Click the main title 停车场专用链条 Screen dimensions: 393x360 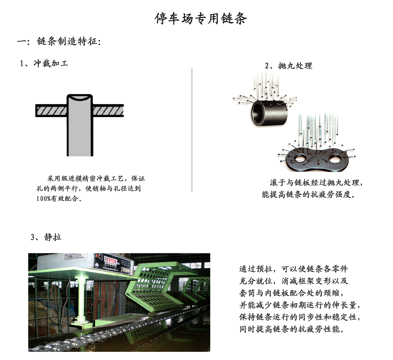pos(201,19)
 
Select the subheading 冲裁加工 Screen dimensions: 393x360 pos(51,63)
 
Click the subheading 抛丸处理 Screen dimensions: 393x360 pos(295,66)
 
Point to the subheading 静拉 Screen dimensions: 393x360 pos(53,237)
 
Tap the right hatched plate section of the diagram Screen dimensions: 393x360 pos(108,111)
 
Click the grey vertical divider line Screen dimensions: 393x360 pos(192,130)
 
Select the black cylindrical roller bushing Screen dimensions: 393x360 pos(269,113)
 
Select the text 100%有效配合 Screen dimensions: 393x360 pos(59,198)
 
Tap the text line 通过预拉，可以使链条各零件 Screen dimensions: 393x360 pos(293,269)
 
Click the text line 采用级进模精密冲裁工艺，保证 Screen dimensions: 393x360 pos(96,178)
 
